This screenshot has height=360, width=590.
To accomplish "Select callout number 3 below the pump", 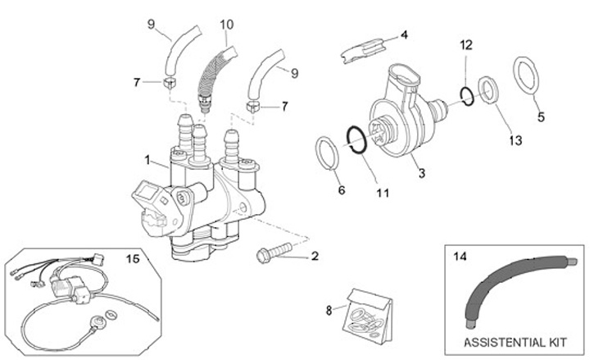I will coord(421,173).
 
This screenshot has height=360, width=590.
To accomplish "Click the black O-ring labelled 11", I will coord(354,139).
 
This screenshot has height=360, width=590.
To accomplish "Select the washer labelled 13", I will coord(487,89).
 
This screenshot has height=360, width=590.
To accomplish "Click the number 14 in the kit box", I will coord(461,256).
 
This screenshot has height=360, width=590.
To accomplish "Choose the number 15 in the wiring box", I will coord(132,258).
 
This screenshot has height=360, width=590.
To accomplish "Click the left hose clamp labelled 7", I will coord(169,83).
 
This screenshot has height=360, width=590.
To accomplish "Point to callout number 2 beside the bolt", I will coord(314,256).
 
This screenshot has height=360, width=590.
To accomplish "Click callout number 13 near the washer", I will coord(514,140).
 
